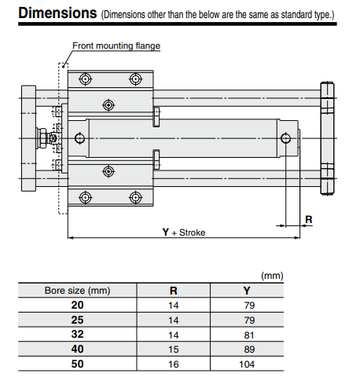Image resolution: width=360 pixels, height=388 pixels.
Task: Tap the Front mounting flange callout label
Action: click(x=116, y=46)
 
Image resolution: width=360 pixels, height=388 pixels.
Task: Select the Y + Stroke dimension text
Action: click(x=183, y=232)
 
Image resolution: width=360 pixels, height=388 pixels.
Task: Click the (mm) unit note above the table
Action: click(x=272, y=276)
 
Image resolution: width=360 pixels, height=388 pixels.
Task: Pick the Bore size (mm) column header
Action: click(x=77, y=291)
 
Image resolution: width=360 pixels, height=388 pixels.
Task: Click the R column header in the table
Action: click(x=174, y=291)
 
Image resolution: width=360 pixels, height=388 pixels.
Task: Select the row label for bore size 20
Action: click(x=77, y=305)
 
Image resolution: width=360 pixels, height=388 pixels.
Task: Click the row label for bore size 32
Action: click(x=77, y=333)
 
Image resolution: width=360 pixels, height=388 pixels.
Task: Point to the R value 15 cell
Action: click(x=174, y=348)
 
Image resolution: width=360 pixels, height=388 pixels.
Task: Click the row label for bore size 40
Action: click(x=77, y=348)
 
